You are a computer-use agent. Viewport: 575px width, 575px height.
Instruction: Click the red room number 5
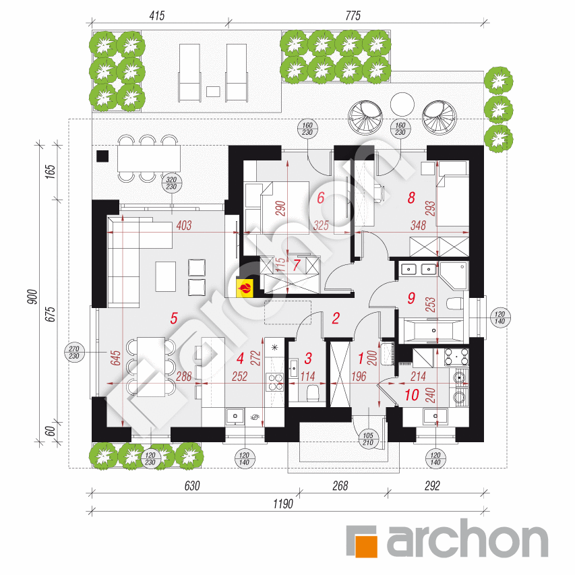[174, 318]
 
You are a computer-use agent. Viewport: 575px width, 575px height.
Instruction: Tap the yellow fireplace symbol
[245, 288]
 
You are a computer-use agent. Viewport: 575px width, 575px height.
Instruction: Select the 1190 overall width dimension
[282, 504]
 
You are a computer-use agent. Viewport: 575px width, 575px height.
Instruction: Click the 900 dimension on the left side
[32, 297]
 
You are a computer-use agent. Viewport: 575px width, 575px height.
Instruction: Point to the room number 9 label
[411, 298]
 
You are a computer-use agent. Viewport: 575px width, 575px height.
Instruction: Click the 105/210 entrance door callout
[368, 439]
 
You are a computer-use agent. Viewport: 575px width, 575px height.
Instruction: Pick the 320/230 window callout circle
[171, 183]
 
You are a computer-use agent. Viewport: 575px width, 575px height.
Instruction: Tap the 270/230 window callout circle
[74, 353]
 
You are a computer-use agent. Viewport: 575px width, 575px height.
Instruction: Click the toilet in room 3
[312, 392]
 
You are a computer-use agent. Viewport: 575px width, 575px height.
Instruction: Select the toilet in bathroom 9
[455, 304]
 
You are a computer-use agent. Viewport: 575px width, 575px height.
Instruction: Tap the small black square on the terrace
[102, 156]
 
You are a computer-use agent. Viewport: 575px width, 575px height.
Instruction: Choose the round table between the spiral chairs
[402, 104]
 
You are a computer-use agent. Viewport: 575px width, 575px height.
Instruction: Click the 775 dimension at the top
[353, 16]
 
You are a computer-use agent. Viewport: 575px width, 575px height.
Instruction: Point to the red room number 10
[411, 394]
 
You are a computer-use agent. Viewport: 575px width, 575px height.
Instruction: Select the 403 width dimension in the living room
[184, 225]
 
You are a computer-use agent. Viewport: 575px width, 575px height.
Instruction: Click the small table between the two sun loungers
[213, 91]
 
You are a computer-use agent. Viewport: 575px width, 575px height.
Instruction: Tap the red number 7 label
[297, 265]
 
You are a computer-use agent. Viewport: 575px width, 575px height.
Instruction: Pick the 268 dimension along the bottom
[340, 485]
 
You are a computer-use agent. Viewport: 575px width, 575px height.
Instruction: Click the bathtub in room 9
[433, 331]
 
